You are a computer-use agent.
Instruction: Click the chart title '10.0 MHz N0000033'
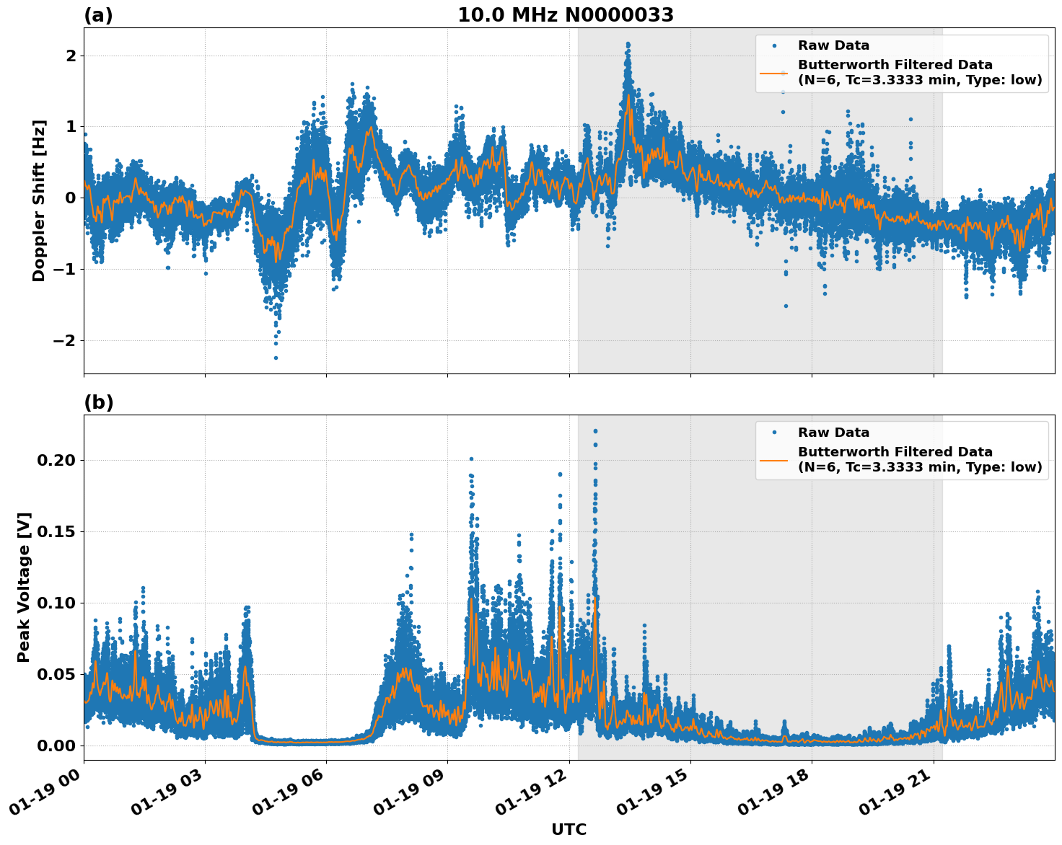point(565,15)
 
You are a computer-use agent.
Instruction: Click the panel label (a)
point(98,15)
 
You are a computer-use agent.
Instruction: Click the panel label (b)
point(98,402)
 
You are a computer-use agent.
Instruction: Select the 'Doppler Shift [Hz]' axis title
point(39,200)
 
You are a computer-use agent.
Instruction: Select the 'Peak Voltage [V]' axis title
point(24,587)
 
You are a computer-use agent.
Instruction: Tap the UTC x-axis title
point(569,829)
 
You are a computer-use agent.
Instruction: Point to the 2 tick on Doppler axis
point(71,56)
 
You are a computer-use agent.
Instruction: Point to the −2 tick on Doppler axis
point(64,340)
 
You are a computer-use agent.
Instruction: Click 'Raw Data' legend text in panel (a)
point(833,45)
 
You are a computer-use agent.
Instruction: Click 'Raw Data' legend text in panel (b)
point(833,433)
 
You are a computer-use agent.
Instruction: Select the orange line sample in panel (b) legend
point(773,459)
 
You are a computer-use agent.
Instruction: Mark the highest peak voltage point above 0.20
point(595,431)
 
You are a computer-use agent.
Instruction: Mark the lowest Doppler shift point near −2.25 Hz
point(276,358)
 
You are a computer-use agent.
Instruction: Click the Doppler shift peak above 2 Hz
point(628,44)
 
